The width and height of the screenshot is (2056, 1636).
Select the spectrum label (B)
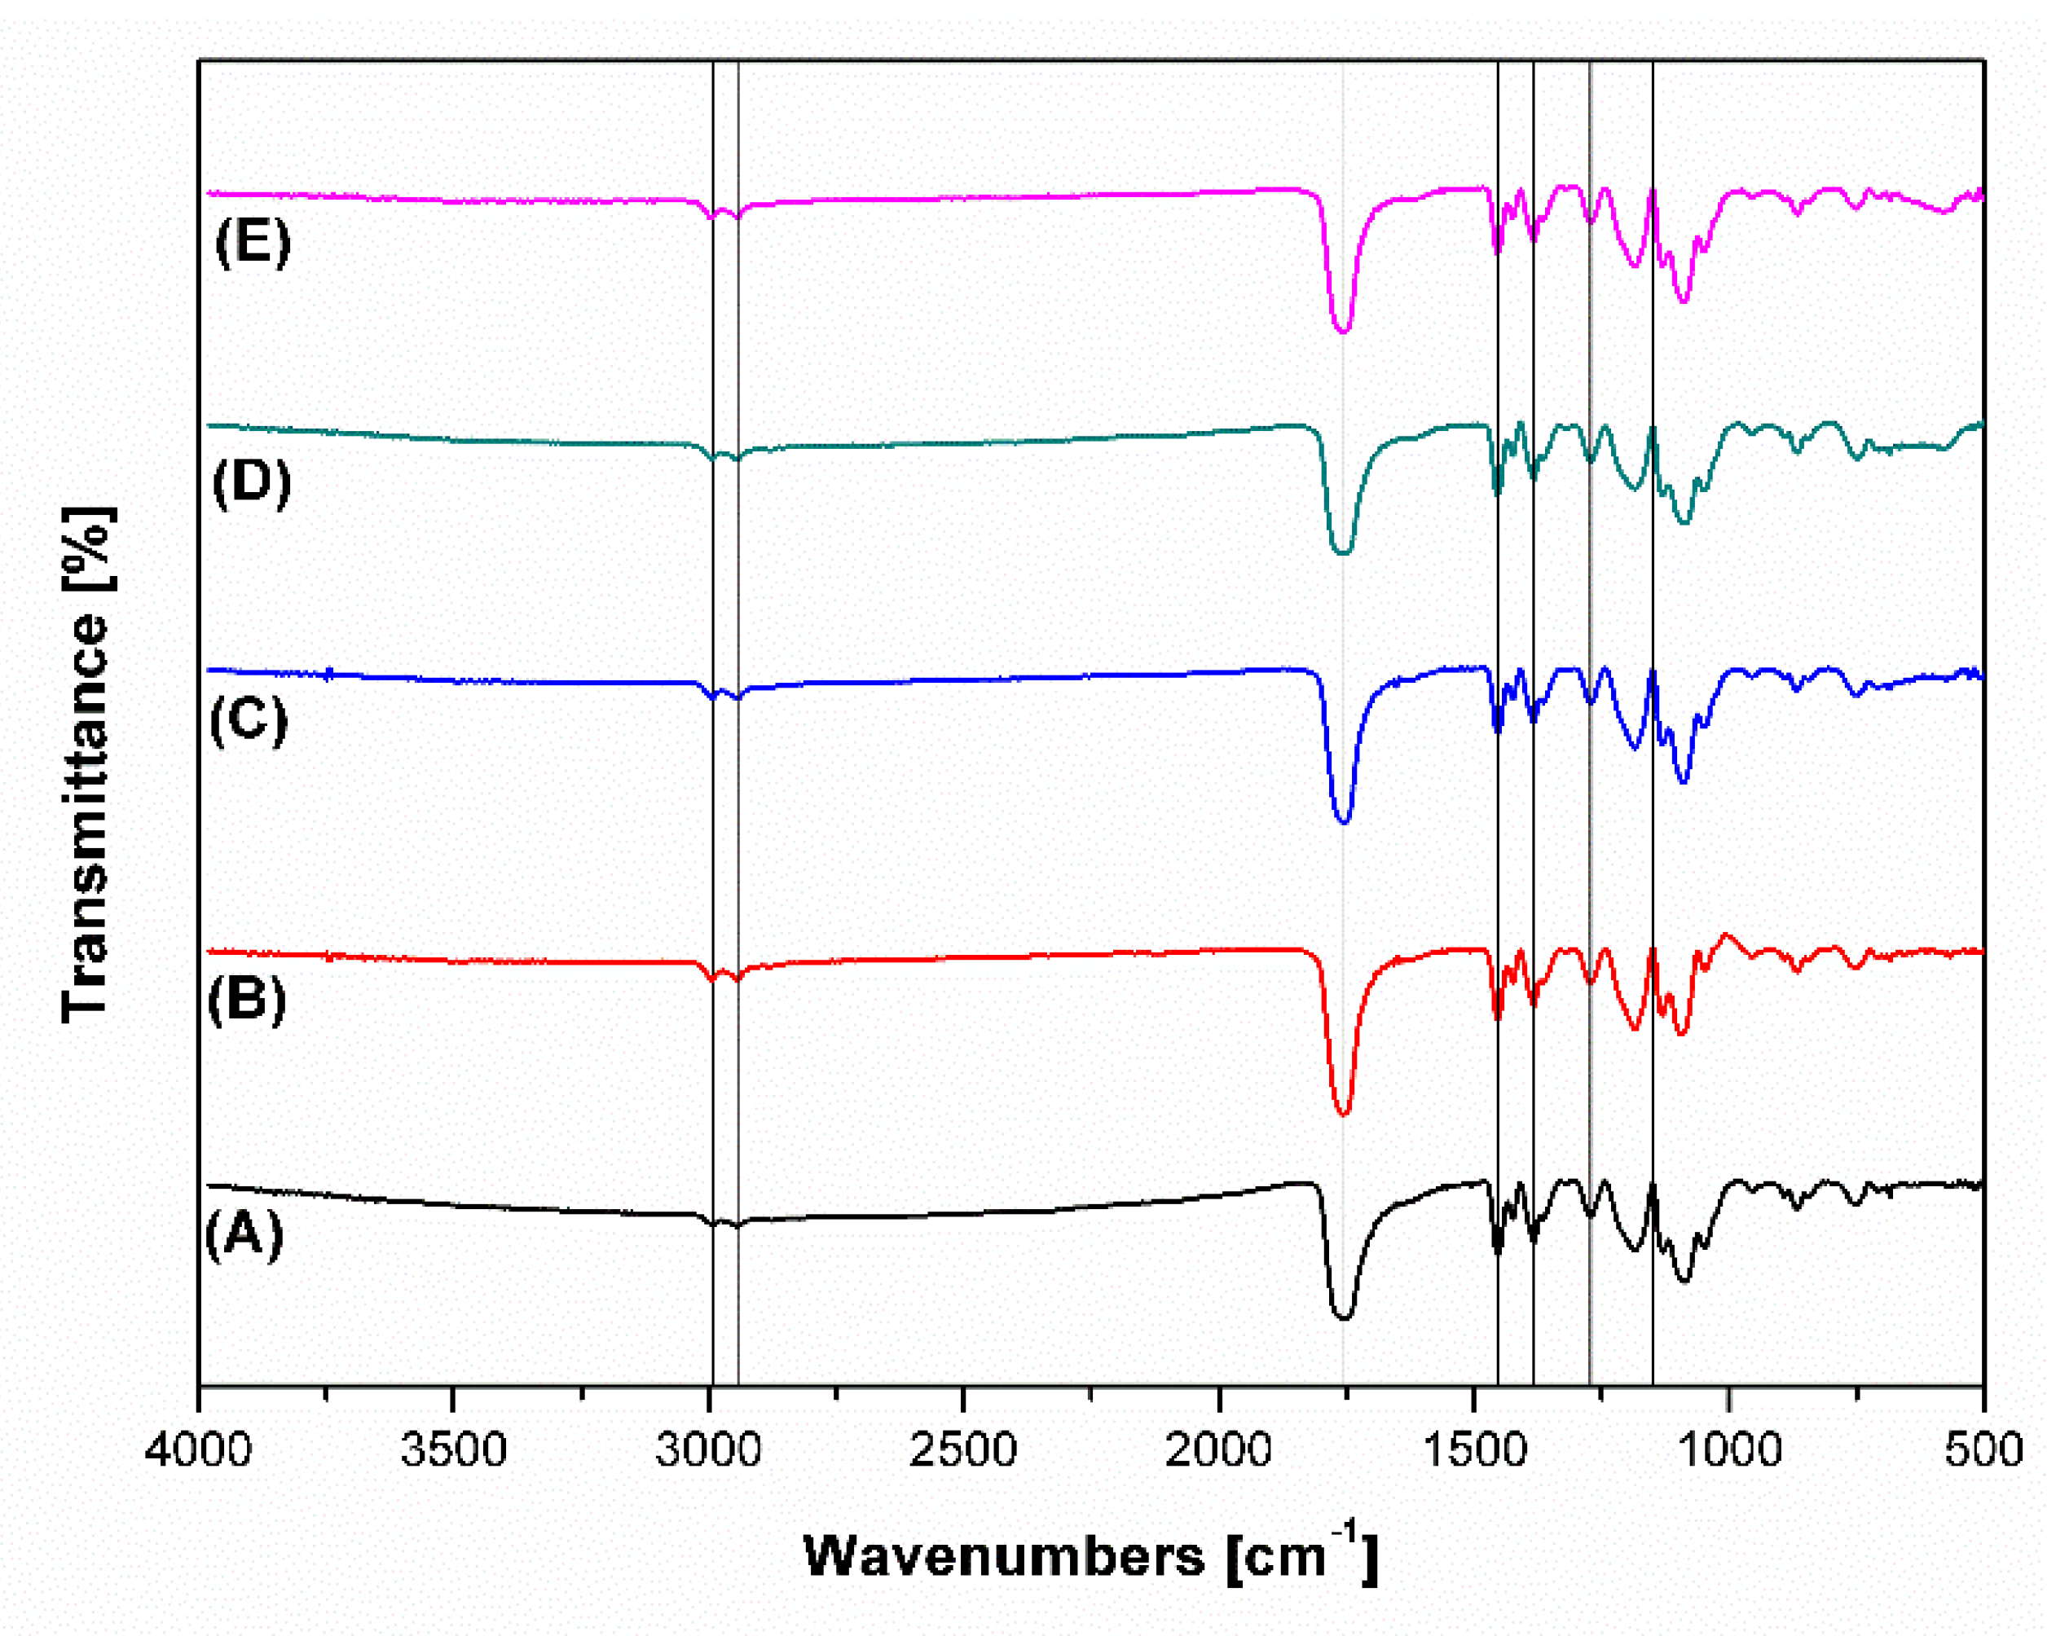pos(246,1001)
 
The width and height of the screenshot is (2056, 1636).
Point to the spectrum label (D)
pos(251,482)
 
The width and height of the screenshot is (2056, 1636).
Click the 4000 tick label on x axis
pos(198,1450)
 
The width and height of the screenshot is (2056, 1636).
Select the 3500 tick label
pos(453,1450)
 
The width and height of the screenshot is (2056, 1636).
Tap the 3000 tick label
pos(708,1450)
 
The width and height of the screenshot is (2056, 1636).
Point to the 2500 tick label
pos(964,1450)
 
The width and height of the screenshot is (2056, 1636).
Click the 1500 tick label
pos(1474,1450)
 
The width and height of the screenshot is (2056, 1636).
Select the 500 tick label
pos(1983,1450)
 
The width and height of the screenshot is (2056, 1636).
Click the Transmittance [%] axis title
pos(86,764)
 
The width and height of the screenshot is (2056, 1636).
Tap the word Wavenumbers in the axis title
pos(1004,1557)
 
